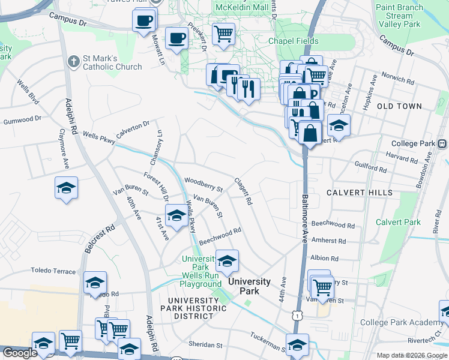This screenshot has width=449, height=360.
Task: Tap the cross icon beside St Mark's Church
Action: pos(73,62)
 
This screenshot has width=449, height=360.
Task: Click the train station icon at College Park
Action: pos(443,144)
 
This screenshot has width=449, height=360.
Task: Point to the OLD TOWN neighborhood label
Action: pos(399,106)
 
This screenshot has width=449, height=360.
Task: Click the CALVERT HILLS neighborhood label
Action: pos(360,193)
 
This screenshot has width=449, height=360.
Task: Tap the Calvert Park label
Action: pos(398,222)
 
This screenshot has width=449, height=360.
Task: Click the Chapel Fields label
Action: pos(291,41)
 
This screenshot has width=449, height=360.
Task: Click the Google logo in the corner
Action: pos(20,353)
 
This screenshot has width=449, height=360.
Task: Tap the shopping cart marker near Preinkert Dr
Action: pos(223,33)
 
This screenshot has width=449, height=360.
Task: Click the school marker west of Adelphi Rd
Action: pos(66,188)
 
